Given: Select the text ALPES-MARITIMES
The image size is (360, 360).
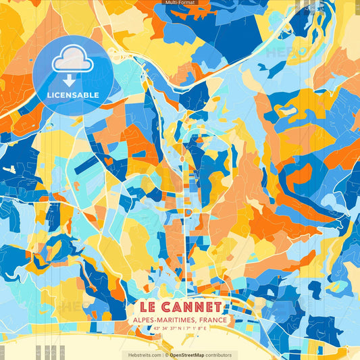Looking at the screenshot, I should point(161,320).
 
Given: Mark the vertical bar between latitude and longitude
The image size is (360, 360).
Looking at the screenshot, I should point(182,329).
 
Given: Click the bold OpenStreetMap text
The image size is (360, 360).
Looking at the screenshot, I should point(190,355).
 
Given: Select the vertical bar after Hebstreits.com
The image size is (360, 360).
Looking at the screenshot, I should point(163,355).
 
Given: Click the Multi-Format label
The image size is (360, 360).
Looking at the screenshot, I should point(180,3).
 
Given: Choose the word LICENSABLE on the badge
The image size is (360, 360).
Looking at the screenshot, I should point(73,95).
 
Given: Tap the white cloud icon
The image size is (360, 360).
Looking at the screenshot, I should point(73,61).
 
